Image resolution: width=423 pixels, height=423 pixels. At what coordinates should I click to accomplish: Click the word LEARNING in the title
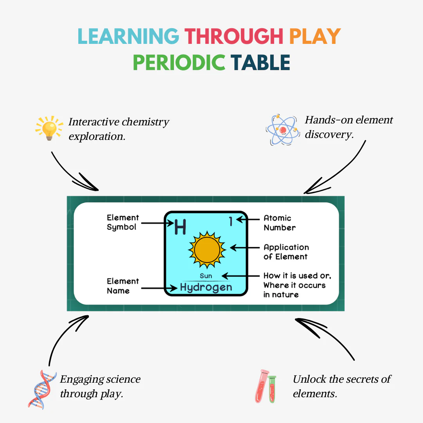[x=128, y=36]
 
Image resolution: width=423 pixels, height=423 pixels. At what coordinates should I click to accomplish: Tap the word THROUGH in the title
[x=234, y=36]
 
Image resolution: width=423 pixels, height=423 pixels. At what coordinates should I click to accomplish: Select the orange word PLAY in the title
[x=315, y=36]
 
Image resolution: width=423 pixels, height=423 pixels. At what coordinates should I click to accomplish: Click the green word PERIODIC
[x=179, y=62]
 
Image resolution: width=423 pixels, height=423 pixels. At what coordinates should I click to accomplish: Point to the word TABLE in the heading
[x=260, y=62]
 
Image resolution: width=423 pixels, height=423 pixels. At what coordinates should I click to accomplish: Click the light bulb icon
[x=49, y=128]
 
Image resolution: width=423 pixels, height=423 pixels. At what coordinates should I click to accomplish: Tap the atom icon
[x=283, y=130]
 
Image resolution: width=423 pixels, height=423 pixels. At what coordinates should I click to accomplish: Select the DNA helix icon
[x=42, y=390]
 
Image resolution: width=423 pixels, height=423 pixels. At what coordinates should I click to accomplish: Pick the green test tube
[x=272, y=389]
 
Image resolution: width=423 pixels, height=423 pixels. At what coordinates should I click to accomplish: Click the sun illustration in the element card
[x=207, y=250]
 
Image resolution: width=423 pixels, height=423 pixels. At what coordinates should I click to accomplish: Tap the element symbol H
[x=180, y=227]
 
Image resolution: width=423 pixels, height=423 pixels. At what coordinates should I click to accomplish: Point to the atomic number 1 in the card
[x=231, y=221]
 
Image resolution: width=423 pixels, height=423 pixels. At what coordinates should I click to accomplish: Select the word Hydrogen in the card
[x=206, y=287]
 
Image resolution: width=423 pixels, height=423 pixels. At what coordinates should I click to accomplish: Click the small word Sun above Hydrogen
[x=206, y=276]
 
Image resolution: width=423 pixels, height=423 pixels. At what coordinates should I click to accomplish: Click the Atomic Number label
[x=280, y=223]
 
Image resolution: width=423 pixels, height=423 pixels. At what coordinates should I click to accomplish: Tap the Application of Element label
[x=286, y=252]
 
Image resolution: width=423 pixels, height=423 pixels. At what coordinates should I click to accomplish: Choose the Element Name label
[x=123, y=286]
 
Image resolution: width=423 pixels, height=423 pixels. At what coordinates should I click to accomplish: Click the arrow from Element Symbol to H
[x=157, y=223]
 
